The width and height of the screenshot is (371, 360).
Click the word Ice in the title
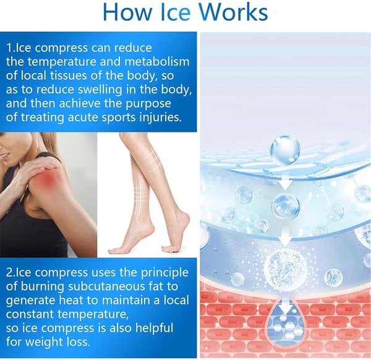(176, 12)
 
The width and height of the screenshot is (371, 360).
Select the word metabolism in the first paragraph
(157, 61)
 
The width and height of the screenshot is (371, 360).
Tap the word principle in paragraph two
(164, 273)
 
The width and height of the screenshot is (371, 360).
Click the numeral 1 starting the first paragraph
(9, 48)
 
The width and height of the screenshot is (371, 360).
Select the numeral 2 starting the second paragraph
(9, 273)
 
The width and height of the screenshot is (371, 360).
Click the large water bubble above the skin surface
(285, 150)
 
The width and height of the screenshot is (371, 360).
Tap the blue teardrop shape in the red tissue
(286, 322)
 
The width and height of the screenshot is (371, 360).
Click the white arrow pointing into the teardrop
(286, 307)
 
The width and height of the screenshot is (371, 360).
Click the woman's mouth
(3, 155)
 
